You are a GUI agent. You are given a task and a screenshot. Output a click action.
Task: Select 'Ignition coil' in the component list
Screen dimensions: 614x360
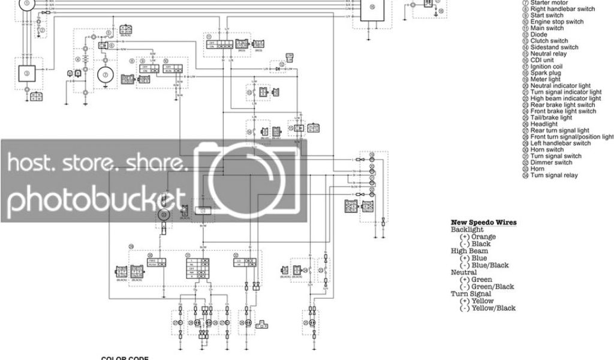coord(546,67)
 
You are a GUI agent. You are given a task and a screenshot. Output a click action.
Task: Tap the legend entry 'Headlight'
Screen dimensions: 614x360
coord(544,124)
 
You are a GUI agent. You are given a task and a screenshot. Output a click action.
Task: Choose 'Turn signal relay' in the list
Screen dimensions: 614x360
coord(553,175)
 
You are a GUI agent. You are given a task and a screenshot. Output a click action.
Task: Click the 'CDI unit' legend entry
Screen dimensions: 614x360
coord(543,60)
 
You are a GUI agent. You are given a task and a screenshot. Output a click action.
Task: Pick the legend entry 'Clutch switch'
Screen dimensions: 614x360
coord(549,41)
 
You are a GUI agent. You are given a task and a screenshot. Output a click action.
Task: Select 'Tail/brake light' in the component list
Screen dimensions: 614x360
coord(551,118)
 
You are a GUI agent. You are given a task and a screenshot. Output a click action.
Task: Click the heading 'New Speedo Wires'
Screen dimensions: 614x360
coord(483,223)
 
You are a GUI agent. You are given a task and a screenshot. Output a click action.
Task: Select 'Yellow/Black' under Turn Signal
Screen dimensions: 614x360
coord(493,308)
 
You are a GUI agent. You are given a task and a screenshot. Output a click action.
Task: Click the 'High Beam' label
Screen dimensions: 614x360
coord(466,251)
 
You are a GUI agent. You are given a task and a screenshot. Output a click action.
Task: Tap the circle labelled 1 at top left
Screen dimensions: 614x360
coord(26,3)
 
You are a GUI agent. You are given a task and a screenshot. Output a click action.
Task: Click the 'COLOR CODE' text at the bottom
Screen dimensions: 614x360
coord(125,358)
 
